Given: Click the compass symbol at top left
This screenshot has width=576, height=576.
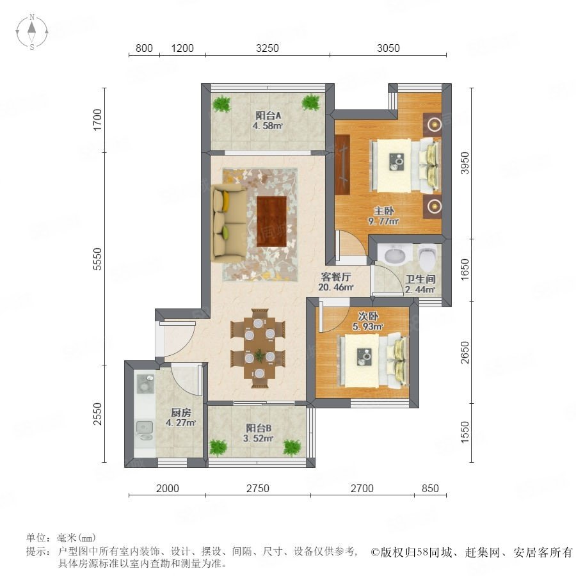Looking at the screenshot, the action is pyautogui.click(x=32, y=32).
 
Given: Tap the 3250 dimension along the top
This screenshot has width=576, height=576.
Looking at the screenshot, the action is pyautogui.click(x=267, y=48).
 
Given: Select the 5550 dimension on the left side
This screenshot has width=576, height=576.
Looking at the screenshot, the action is pyautogui.click(x=97, y=259).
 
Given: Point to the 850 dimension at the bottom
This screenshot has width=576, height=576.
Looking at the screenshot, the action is pyautogui.click(x=430, y=488).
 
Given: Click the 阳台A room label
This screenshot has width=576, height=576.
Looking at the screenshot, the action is pyautogui.click(x=269, y=115).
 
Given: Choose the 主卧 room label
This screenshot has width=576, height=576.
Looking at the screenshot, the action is pyautogui.click(x=384, y=211).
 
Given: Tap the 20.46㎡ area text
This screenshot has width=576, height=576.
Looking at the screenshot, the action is pyautogui.click(x=336, y=287).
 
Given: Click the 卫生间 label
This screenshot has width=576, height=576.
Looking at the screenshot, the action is pyautogui.click(x=420, y=279).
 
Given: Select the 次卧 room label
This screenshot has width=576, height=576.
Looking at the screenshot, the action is pyautogui.click(x=368, y=316).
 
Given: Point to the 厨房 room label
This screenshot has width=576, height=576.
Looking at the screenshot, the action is pyautogui.click(x=180, y=413).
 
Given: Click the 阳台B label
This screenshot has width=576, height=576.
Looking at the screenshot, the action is pyautogui.click(x=259, y=428).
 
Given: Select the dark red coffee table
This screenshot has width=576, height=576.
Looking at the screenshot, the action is pyautogui.click(x=271, y=221).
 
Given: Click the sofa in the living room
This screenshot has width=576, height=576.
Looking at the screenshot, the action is pyautogui.click(x=228, y=223).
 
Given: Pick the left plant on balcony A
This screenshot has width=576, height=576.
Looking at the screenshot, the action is pyautogui.click(x=222, y=104).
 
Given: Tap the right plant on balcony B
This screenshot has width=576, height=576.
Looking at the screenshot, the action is pyautogui.click(x=292, y=447).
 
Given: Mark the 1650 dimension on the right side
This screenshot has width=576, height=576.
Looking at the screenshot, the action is pyautogui.click(x=465, y=269).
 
